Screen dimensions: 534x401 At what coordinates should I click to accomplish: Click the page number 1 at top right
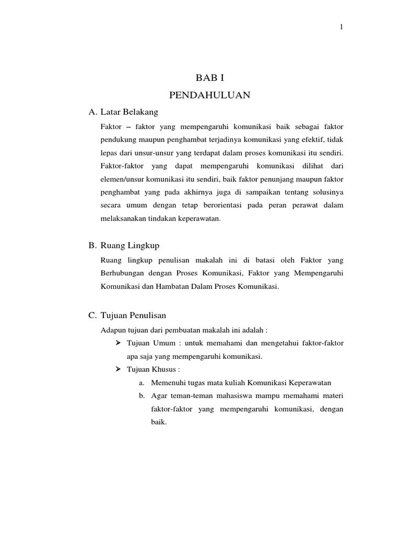coord(341,28)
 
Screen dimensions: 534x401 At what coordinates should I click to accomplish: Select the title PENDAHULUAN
coord(210,95)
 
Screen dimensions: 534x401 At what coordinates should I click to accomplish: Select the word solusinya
coord(327,192)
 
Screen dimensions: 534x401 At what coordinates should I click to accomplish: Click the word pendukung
coord(117,140)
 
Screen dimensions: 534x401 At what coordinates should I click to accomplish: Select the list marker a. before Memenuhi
coord(141,383)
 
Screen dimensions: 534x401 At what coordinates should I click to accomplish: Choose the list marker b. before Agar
coord(141,396)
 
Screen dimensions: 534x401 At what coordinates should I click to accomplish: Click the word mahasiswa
coord(224,396)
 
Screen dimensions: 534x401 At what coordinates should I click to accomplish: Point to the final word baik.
coord(155,422)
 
